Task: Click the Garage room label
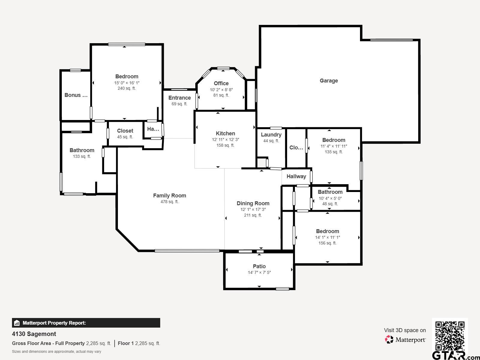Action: point(329,81)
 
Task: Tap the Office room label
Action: point(221,83)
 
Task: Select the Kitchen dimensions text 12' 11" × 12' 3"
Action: point(225,139)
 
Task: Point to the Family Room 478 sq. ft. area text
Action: point(169,202)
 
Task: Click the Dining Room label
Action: point(253,203)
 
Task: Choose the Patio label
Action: point(259,266)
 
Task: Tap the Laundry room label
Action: point(271,135)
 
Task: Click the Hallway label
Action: point(296,176)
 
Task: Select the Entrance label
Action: point(179,98)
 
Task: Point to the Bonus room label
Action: point(76,95)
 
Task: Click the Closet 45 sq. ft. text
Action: point(125,137)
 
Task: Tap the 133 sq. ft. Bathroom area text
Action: point(82,156)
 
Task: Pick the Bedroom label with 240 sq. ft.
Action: point(127,76)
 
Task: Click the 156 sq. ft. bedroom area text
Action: point(327,243)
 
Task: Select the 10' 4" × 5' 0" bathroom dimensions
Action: point(330,198)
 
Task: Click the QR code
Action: point(450,336)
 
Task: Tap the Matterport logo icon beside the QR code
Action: point(389,340)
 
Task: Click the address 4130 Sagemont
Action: point(34,334)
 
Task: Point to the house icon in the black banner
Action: point(16,323)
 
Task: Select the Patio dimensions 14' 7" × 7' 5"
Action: point(259,272)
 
